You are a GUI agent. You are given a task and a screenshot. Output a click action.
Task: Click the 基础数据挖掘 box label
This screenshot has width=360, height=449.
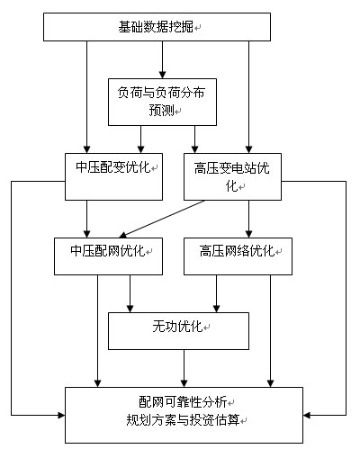(x=156, y=27)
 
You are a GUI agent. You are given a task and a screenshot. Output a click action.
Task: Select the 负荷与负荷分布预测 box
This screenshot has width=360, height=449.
(x=162, y=102)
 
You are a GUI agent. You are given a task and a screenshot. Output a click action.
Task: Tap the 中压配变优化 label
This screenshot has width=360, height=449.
(x=112, y=167)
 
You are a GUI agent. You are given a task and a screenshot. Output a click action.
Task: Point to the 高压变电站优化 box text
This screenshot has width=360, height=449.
(x=232, y=176)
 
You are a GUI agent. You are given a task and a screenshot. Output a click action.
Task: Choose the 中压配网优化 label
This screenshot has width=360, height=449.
(x=108, y=251)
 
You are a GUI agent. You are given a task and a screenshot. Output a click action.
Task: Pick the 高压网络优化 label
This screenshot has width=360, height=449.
(x=237, y=251)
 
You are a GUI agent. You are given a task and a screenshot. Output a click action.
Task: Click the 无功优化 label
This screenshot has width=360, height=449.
(x=177, y=326)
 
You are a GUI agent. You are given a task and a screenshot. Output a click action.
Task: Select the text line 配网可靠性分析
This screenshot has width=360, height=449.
(x=183, y=402)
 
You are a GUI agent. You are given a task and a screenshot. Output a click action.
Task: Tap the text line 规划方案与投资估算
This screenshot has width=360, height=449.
(x=183, y=420)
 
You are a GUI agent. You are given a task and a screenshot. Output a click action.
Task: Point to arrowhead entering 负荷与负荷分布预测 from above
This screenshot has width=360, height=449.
(x=162, y=75)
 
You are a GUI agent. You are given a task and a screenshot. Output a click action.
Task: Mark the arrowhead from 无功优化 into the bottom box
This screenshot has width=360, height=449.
(x=184, y=383)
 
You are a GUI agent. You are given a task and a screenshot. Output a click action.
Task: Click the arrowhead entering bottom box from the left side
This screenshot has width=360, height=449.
(x=61, y=415)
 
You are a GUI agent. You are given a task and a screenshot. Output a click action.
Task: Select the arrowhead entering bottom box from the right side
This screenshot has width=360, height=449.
(x=307, y=415)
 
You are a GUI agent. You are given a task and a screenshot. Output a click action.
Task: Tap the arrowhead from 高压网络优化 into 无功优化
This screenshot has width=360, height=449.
(x=217, y=309)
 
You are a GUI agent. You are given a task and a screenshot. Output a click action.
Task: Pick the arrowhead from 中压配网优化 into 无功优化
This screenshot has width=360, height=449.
(x=130, y=309)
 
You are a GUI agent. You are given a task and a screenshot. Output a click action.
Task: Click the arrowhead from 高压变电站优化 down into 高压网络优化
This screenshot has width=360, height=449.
(x=248, y=234)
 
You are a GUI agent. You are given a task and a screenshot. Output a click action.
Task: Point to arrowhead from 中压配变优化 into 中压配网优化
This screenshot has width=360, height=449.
(x=86, y=234)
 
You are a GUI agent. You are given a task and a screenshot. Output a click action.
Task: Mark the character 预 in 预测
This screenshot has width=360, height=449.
(x=156, y=110)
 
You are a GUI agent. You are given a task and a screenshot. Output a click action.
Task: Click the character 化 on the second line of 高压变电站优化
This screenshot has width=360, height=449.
(x=231, y=186)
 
